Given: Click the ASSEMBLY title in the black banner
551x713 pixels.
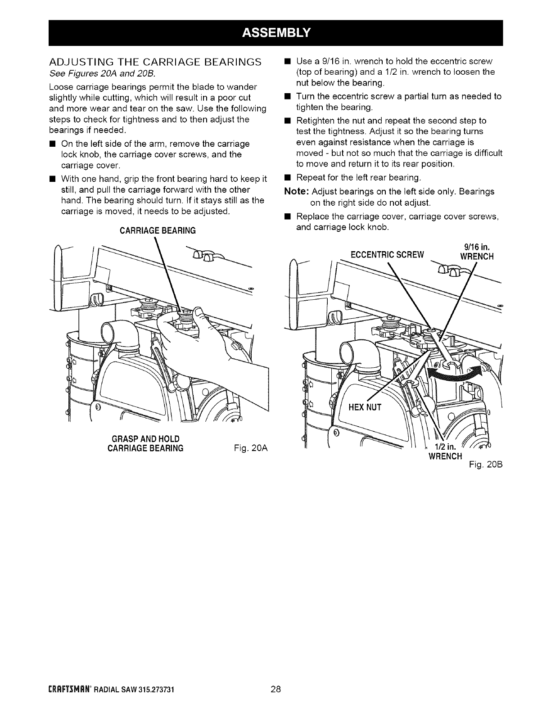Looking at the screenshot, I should (x=276, y=32).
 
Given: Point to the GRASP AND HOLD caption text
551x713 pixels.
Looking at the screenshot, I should (x=145, y=439).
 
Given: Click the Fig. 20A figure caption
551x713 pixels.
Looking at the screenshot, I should (x=251, y=448).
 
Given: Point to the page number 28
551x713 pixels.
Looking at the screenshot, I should (x=276, y=702).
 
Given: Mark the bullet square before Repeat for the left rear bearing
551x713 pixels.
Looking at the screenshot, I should (x=286, y=177).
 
